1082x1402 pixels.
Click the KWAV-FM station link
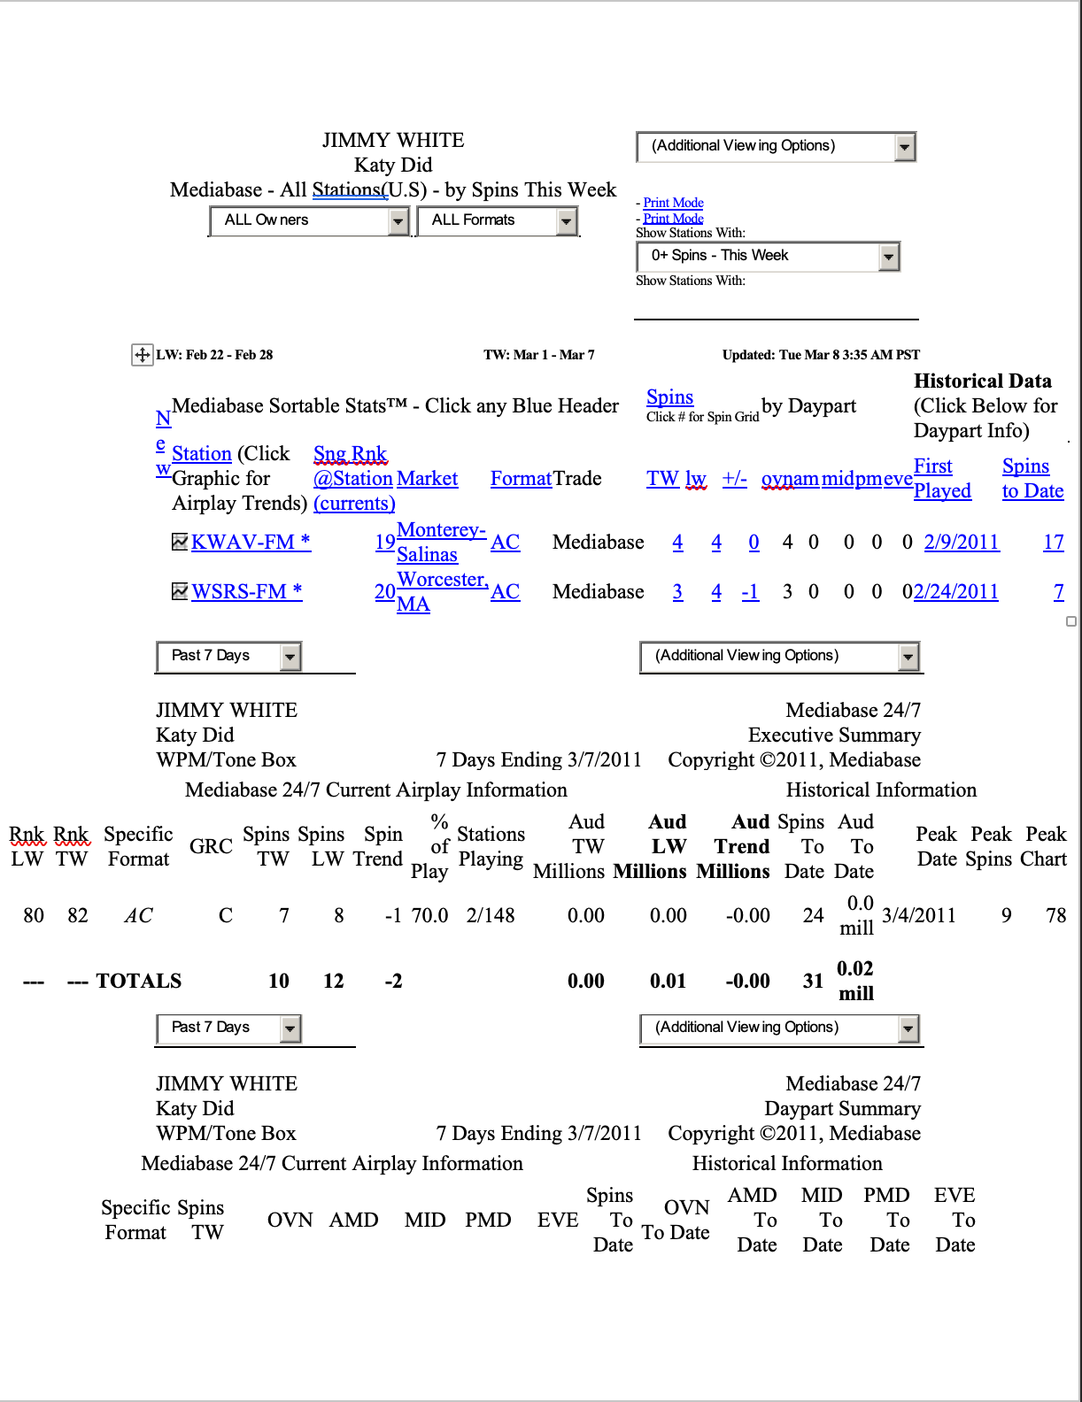[x=251, y=542]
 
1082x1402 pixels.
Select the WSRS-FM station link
[x=246, y=591]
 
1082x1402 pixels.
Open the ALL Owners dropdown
[x=309, y=220]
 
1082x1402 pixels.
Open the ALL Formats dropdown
[x=497, y=220]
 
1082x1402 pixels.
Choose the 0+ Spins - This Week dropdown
[x=767, y=256]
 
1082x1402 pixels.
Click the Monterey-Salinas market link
[x=440, y=542]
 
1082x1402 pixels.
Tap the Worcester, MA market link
[x=441, y=591]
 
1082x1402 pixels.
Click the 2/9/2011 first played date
[x=962, y=542]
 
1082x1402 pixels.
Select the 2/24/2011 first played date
[x=956, y=591]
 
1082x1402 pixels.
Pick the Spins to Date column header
[x=1032, y=478]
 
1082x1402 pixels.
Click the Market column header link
[x=427, y=478]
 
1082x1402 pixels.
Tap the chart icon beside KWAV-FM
[x=180, y=542]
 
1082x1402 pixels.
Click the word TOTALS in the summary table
[x=139, y=981]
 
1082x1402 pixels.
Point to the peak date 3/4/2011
[x=919, y=915]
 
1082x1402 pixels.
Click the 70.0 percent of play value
[x=429, y=915]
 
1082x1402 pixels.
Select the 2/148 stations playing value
[x=491, y=915]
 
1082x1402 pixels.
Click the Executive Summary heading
[x=834, y=735]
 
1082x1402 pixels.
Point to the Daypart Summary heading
[x=842, y=1108]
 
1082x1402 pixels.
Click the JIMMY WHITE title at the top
[x=393, y=140]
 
